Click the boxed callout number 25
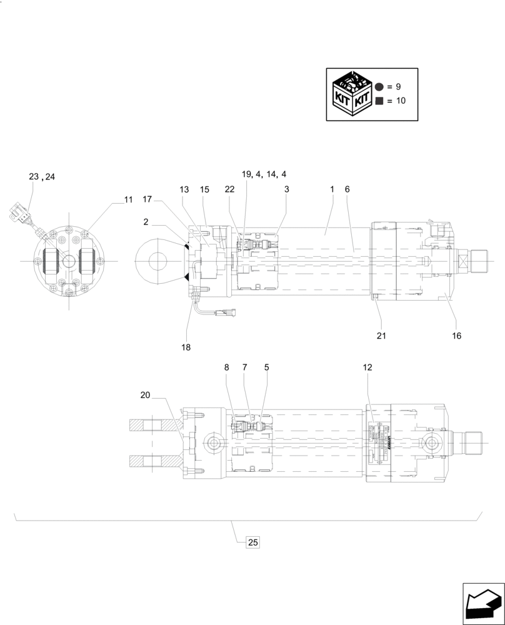click(x=252, y=542)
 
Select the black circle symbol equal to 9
click(x=379, y=87)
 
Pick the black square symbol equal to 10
click(x=379, y=101)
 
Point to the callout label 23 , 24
click(x=42, y=177)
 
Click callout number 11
click(x=128, y=200)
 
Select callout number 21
click(x=381, y=335)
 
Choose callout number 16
click(x=457, y=335)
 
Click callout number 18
click(x=186, y=347)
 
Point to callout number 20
click(x=145, y=394)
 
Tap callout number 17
click(x=147, y=200)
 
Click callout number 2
click(x=145, y=221)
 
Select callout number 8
click(x=227, y=367)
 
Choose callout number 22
click(x=229, y=189)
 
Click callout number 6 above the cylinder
click(x=347, y=189)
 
